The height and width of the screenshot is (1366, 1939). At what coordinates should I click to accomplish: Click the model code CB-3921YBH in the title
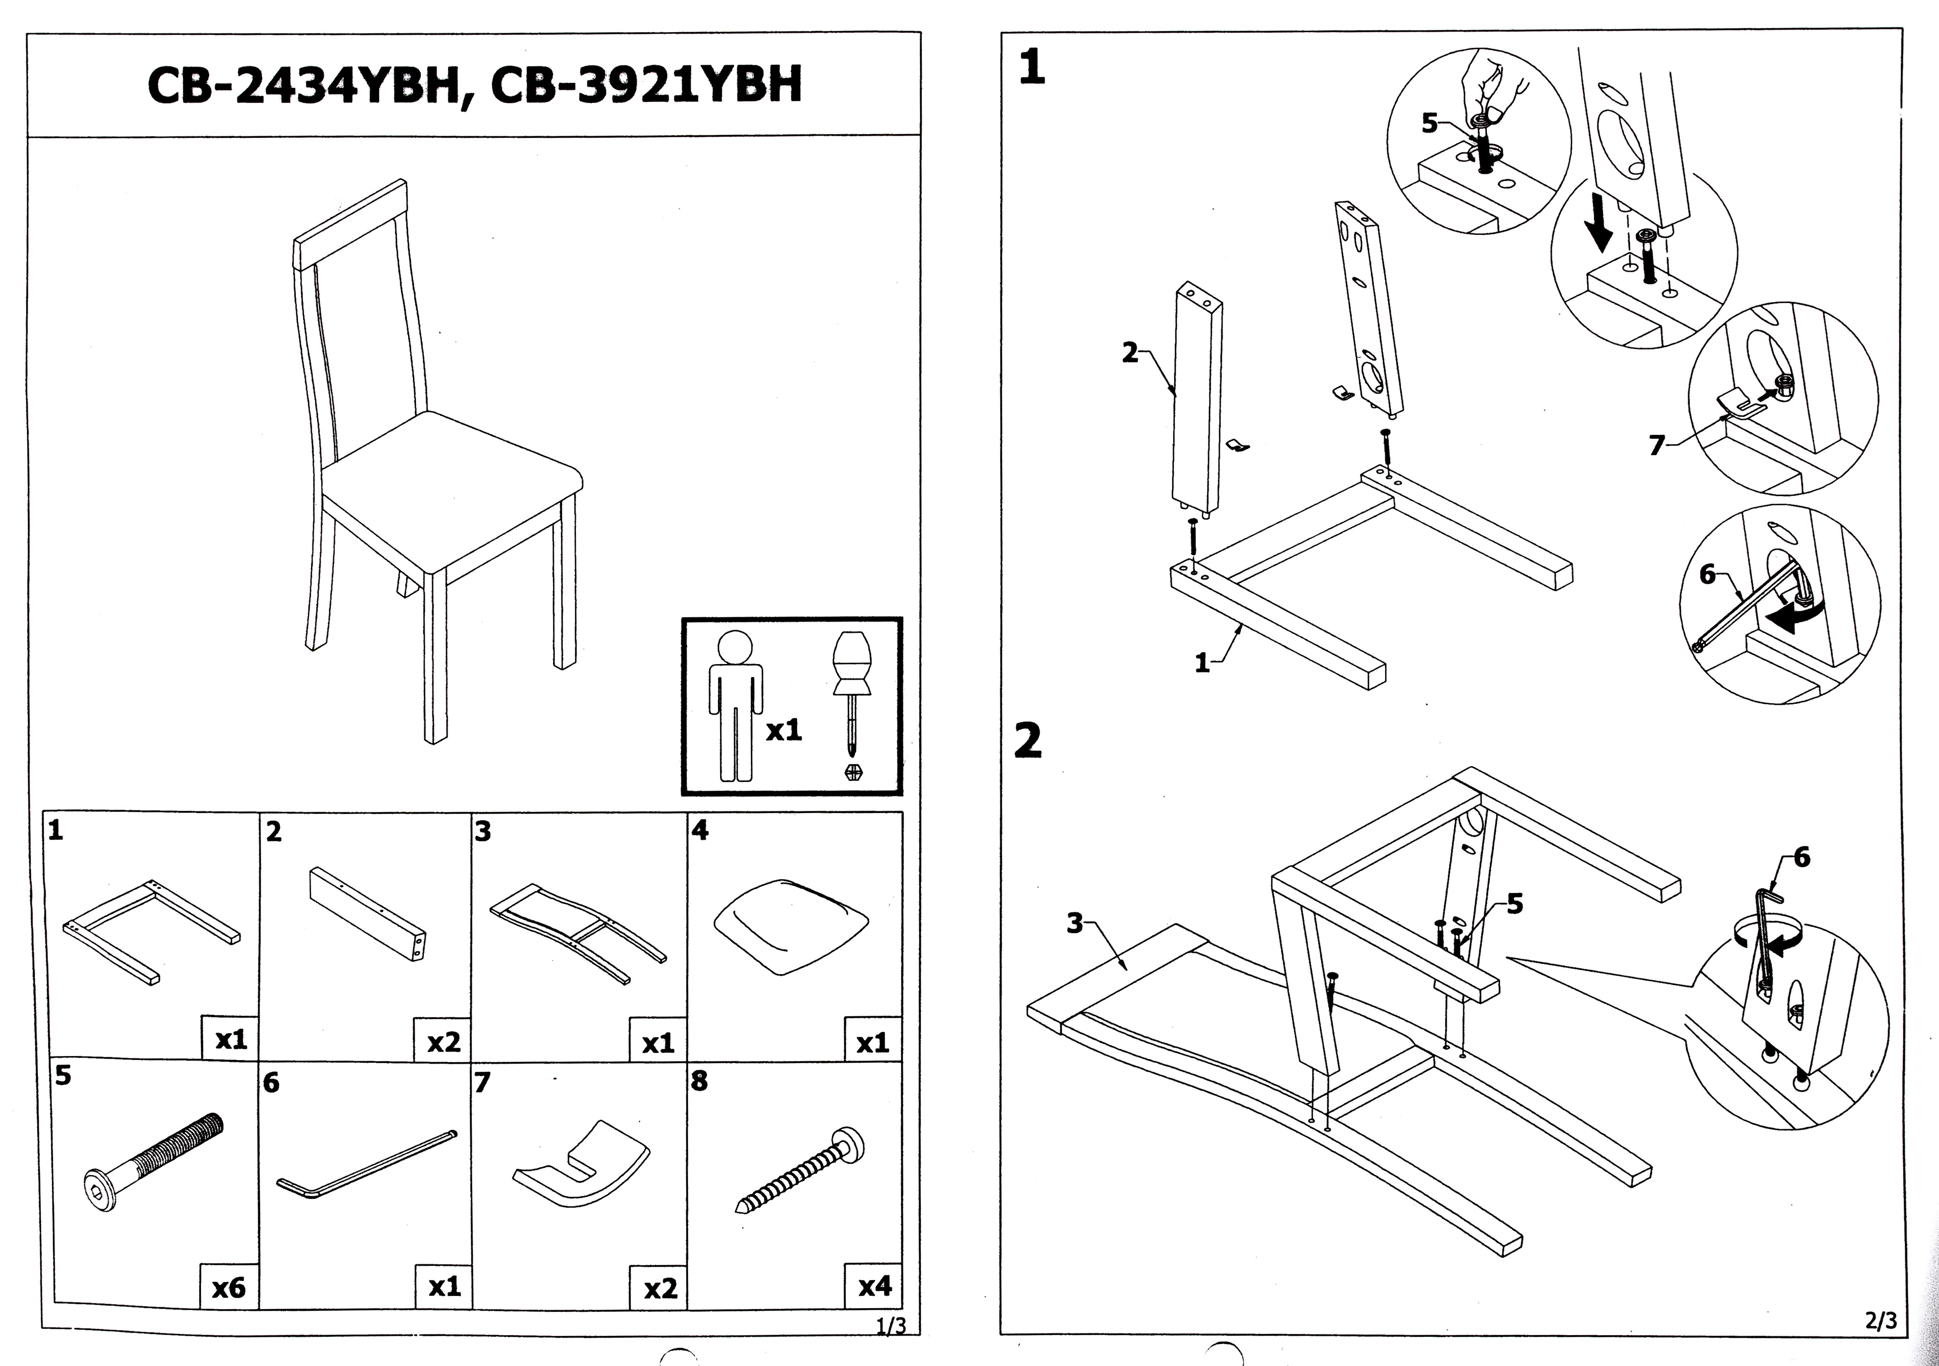coord(646,86)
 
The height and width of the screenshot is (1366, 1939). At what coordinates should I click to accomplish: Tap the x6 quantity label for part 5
coord(228,1288)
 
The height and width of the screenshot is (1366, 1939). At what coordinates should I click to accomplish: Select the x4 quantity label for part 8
coord(874,1286)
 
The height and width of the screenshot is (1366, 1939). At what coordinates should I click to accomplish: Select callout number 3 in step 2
coord(1074,923)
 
